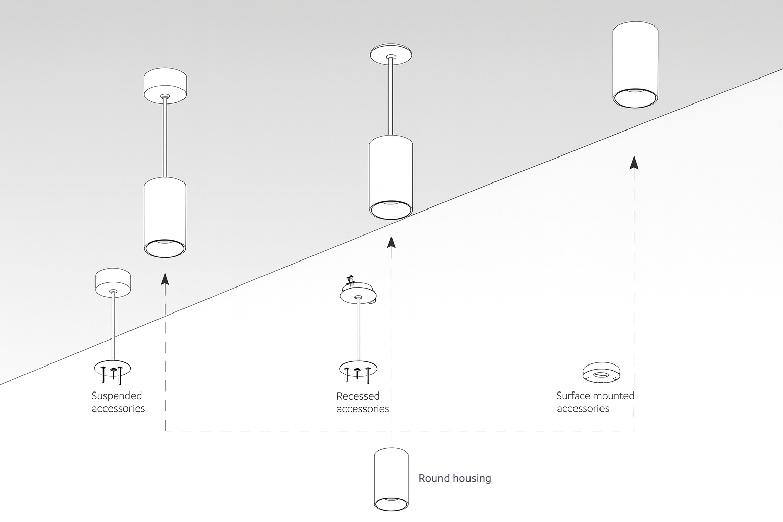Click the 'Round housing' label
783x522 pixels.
[454, 478]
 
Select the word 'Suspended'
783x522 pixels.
[117, 396]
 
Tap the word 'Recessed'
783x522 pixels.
[358, 396]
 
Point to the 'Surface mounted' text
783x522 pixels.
[595, 396]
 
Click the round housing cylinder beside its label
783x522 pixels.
[391, 479]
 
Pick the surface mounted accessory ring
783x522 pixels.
[602, 373]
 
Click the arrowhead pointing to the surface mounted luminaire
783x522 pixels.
[634, 163]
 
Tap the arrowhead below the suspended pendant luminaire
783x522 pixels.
[165, 278]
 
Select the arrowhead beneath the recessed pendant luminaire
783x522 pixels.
[391, 241]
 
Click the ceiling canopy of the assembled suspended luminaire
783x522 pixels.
[165, 87]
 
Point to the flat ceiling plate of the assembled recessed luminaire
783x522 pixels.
[391, 55]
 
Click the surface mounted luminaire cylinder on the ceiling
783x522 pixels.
[634, 64]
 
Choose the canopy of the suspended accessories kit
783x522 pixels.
[113, 282]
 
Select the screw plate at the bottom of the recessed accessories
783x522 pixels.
[358, 369]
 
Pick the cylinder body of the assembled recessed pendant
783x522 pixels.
[391, 176]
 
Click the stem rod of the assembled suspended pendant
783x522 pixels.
[165, 138]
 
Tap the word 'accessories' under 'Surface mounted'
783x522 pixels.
[583, 409]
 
